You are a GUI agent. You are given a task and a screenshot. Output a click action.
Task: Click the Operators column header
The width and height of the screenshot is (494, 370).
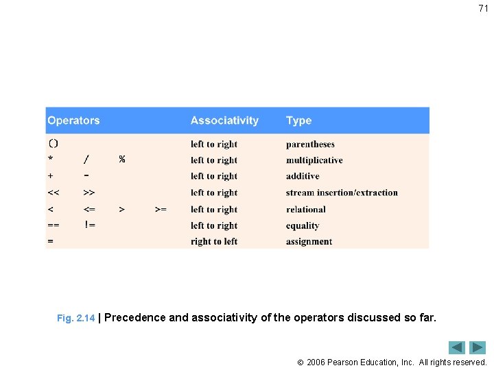coord(73,121)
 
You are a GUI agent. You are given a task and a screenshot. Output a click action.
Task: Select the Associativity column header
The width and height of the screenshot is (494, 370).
coord(224,121)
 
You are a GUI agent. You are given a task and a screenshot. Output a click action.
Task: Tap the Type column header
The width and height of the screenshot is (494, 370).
coord(298,121)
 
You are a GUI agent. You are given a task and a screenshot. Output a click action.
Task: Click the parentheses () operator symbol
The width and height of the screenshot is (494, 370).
coord(54,144)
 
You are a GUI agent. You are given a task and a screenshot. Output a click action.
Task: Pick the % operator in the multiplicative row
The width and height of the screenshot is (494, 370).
coord(122,160)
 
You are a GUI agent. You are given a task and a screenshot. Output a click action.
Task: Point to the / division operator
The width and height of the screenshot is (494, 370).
coord(86,160)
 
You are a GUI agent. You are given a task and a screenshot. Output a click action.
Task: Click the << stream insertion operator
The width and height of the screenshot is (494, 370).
coord(54,193)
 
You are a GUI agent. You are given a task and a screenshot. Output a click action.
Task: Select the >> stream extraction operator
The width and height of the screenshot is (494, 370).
coord(89,193)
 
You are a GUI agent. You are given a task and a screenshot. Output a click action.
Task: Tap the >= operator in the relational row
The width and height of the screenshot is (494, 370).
coord(161,209)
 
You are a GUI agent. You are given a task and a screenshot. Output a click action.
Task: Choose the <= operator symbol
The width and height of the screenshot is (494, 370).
coord(89,209)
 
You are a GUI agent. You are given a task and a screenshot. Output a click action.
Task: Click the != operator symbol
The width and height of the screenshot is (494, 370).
coord(89,225)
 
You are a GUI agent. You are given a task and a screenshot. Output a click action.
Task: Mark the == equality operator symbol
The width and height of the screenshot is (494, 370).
coord(54,225)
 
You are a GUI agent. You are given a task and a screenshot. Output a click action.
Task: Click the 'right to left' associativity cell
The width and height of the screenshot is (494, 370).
coord(214,241)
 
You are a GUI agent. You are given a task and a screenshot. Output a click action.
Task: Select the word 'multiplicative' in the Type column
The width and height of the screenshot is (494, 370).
coord(314,160)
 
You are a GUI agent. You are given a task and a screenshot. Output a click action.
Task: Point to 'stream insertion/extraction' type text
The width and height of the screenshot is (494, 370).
coord(342,193)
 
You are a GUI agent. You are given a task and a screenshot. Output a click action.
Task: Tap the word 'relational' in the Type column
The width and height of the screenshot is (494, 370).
coord(306,209)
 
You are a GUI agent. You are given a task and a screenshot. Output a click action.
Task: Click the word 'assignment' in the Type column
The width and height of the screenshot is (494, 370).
coord(309,241)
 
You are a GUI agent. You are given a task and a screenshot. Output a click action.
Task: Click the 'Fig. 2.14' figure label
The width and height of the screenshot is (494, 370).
coord(75,319)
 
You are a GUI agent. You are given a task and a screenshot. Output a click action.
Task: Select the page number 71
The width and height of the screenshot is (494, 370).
coord(483,9)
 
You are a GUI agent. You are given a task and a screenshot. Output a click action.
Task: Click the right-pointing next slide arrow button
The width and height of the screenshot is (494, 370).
coord(478,347)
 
